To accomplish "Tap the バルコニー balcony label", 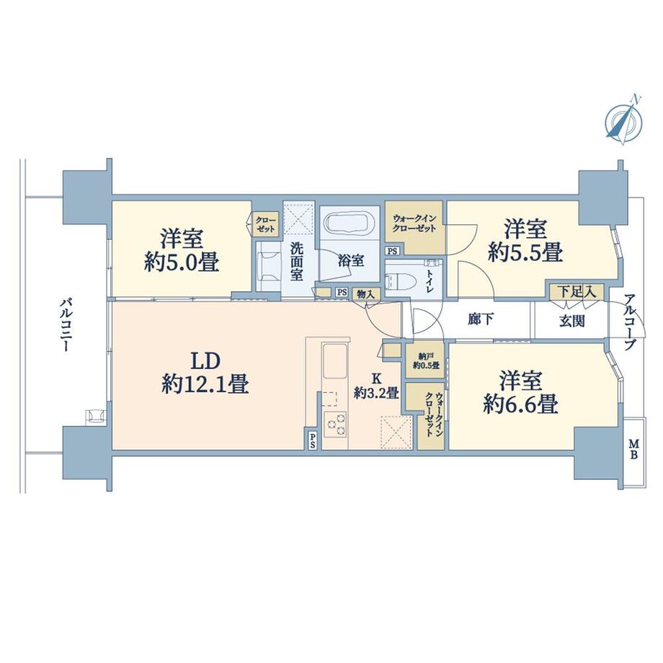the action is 65,326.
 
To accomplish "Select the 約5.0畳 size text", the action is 182,264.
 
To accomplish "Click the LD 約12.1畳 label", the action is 205,373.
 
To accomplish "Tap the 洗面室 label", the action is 296,262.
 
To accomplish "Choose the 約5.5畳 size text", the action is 525,253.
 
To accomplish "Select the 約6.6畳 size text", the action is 520,404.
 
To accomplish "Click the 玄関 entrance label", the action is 572,321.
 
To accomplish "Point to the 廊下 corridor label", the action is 481,319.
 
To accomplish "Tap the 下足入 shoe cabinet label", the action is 576,291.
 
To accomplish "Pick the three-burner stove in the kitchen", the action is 335,424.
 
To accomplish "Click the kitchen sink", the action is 335,362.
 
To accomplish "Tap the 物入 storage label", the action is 366,294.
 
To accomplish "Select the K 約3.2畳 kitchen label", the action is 376,386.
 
